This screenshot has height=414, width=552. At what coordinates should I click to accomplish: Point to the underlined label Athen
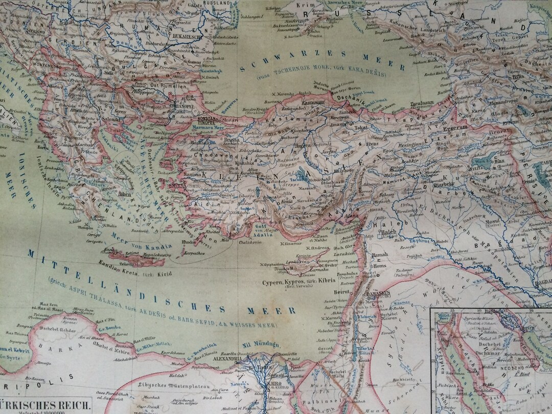(x=124, y=194)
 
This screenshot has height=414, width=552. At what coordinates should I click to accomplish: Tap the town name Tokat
(x=361, y=127)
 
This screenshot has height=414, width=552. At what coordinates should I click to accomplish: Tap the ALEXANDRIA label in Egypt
(x=223, y=359)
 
